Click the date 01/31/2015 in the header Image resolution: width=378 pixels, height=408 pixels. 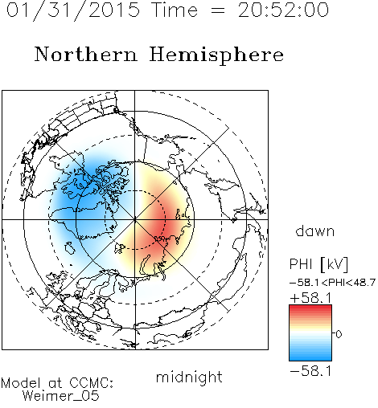tap(73, 10)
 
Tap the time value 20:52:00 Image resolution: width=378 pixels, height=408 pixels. tap(283, 10)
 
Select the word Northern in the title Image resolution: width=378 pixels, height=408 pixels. tap(86, 54)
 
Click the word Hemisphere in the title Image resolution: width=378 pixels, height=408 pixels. tap(216, 55)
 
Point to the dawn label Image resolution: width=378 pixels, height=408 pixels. tap(315, 231)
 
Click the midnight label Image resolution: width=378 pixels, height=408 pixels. tap(189, 377)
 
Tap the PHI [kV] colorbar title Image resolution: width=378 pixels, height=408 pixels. tap(318, 264)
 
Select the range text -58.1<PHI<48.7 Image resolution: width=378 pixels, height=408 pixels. tap(332, 283)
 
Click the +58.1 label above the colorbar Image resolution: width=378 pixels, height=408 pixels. tap(311, 298)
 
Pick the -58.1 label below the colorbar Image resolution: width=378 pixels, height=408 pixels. tap(311, 371)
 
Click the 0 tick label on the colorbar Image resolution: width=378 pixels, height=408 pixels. tap(339, 334)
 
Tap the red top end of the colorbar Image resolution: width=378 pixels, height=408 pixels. tap(310, 307)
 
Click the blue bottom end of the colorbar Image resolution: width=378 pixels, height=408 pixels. tap(310, 358)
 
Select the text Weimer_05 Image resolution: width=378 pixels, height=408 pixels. tap(61, 396)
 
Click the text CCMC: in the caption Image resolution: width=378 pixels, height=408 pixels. tap(92, 383)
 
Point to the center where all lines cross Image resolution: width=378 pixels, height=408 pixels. tap(135, 219)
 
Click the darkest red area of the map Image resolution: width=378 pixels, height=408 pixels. tap(160, 223)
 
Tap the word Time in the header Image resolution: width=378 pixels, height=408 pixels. tap(175, 10)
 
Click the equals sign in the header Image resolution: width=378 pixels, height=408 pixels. tap(217, 10)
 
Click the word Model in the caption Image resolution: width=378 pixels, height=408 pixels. tap(21, 383)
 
